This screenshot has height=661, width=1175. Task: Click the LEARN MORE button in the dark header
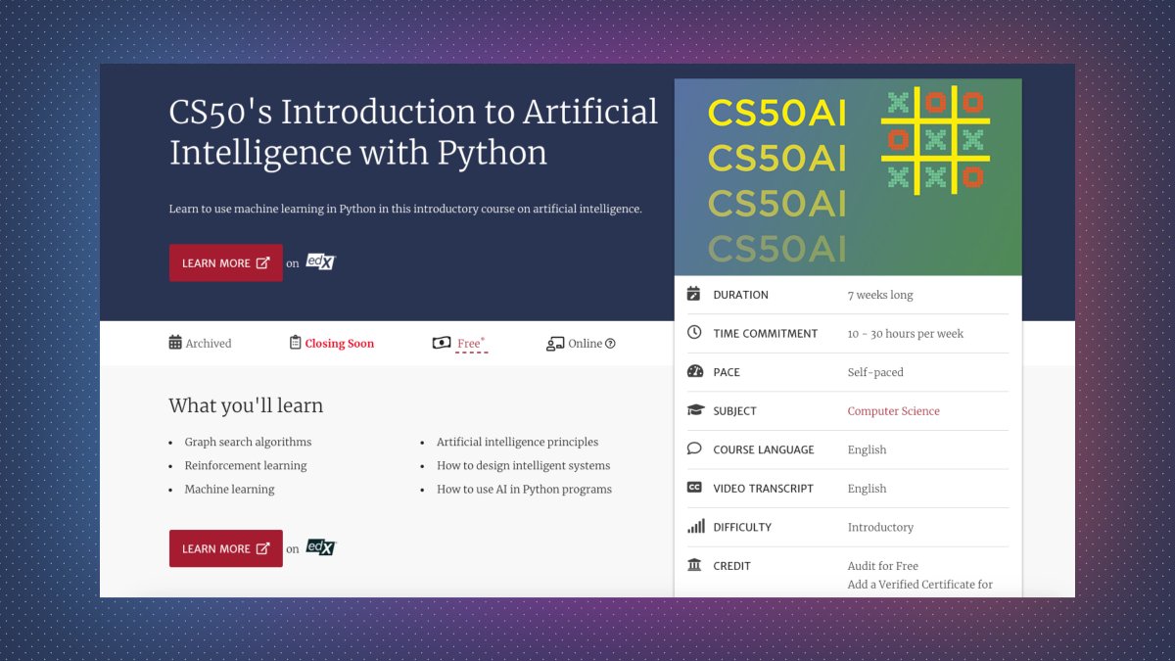225,263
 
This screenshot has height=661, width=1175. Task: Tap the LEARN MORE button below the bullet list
225,548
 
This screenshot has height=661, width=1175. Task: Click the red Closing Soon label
339,344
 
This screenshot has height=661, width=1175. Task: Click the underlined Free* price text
471,344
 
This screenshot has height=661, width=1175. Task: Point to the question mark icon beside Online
611,344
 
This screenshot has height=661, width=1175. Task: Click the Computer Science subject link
893,411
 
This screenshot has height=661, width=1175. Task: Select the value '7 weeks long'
879,295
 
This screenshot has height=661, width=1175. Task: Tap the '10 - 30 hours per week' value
905,334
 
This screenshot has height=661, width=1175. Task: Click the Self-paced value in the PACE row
875,372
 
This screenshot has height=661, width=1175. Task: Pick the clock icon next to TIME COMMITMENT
694,333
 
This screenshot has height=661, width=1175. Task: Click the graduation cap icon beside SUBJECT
695,411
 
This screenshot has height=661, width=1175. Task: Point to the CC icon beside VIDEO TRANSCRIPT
694,488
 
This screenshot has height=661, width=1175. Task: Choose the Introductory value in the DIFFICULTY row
880,527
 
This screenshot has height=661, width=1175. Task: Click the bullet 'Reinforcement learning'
246,466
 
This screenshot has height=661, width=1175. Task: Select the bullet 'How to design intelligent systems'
523,466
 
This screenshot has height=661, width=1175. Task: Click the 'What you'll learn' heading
246,405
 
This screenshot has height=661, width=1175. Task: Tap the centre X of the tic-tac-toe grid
935,140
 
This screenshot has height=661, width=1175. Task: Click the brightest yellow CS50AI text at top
776,113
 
